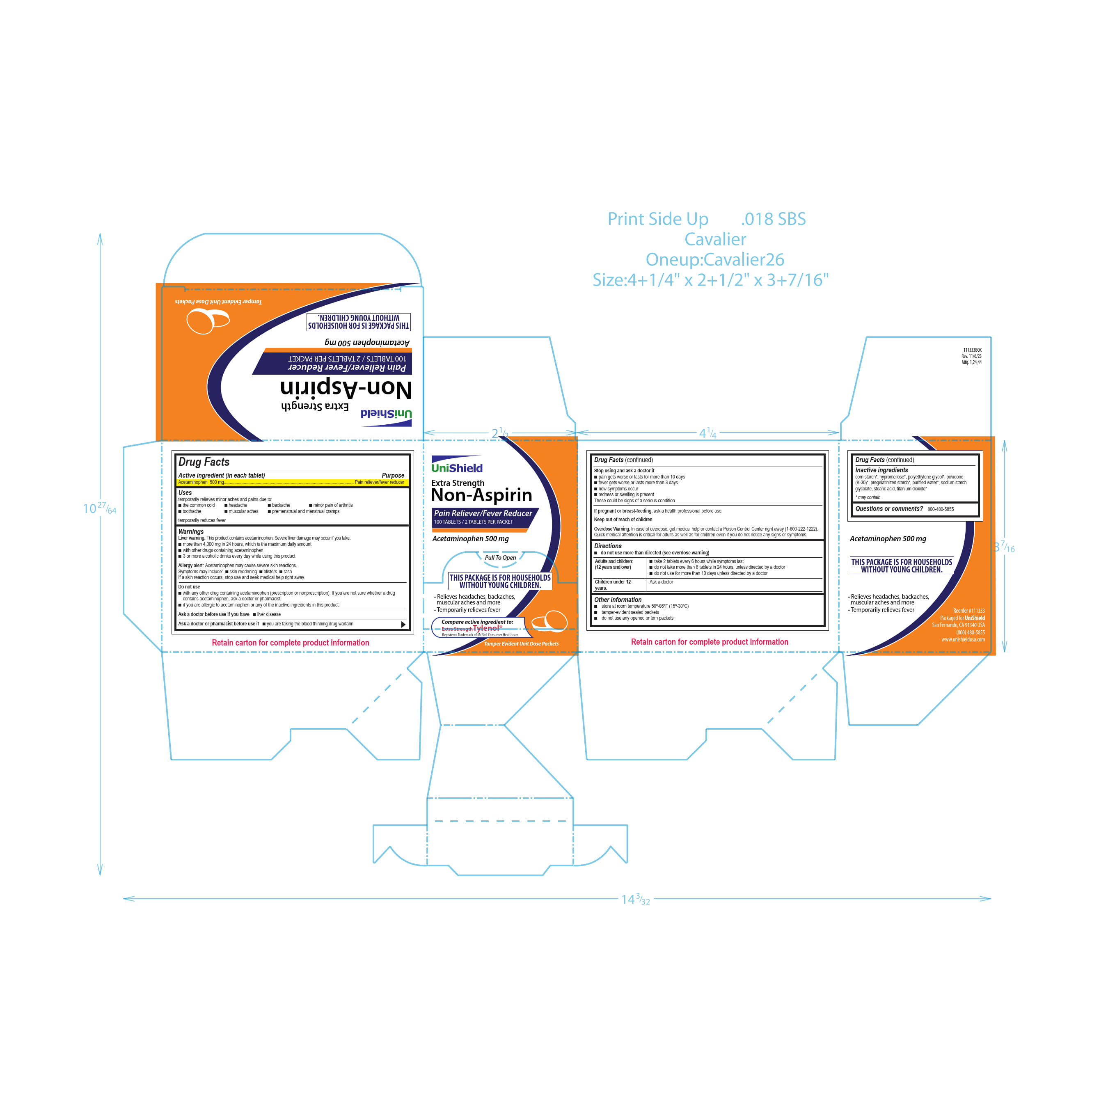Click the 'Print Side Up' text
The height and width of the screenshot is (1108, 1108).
coord(658,219)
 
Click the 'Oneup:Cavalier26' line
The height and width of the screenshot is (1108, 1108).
coord(714,259)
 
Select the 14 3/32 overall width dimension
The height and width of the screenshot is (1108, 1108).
coord(635,899)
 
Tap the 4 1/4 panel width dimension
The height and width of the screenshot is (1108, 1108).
coord(707,433)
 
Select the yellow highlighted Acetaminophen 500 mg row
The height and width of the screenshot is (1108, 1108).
coord(291,482)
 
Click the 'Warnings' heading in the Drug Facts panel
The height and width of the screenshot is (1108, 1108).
coord(191,531)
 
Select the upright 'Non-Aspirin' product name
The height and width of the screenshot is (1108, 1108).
coord(481,495)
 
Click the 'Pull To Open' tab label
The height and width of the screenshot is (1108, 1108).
coord(500,557)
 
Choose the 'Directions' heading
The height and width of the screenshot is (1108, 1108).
coord(607,546)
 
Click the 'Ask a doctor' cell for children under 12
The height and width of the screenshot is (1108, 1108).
coord(661,582)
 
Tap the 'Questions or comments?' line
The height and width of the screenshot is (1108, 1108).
coord(889,509)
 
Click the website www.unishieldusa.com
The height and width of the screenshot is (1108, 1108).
coord(963,639)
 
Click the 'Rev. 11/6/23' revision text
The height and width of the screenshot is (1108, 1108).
coord(971,356)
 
